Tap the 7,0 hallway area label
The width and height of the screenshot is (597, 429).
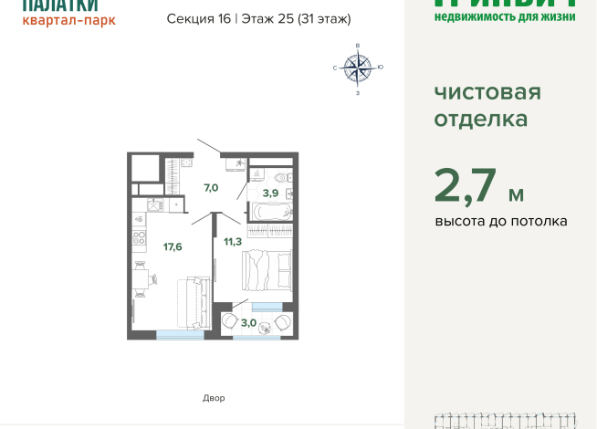210,187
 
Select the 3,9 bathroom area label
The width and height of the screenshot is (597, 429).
271,193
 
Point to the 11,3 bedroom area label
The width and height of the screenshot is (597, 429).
233,241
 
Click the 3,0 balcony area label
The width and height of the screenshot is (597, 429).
248,321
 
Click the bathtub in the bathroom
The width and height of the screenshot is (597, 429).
270,212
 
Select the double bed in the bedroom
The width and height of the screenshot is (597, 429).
267,270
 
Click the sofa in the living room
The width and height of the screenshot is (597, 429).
193,300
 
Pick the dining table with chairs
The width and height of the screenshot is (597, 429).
140,278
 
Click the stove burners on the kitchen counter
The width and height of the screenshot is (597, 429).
141,240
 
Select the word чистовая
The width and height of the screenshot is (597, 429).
487,92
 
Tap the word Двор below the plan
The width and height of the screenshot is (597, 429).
213,398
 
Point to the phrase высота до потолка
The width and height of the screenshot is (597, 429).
501,221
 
